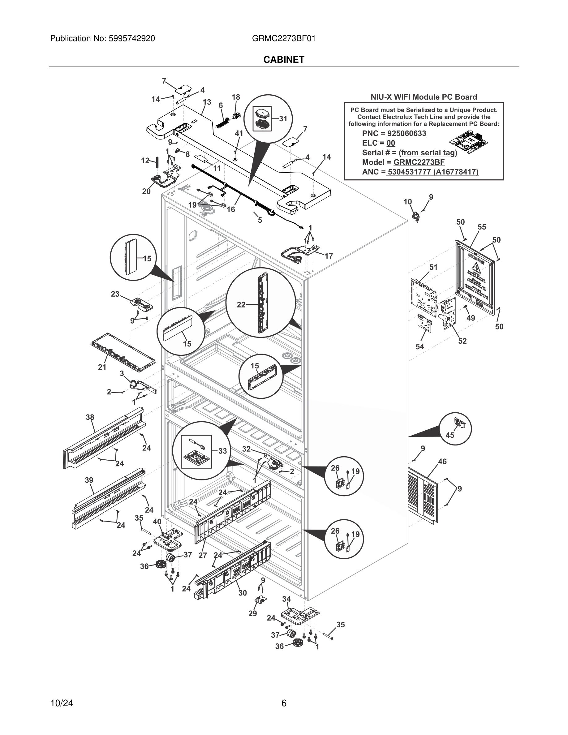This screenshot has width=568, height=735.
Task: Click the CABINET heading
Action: pos(284,60)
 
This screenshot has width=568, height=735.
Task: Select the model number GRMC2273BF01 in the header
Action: pos(284,38)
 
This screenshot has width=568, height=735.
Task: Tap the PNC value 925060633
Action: pos(407,133)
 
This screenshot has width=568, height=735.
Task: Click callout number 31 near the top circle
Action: pos(283,118)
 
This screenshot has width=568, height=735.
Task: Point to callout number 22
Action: pos(241,305)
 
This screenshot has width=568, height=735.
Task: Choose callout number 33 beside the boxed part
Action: pos(222,451)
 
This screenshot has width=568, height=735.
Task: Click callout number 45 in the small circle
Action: pos(450,435)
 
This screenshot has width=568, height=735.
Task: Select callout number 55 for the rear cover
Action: pos(482,227)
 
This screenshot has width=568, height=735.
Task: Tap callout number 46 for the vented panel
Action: pos(442,462)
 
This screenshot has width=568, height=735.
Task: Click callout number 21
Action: pos(102,367)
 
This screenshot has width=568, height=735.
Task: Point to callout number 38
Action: pos(90,417)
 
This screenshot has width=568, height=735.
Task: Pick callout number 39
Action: pos(89,480)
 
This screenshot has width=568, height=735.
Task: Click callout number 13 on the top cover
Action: pos(207,102)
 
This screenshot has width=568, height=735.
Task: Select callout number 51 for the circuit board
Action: pos(433,267)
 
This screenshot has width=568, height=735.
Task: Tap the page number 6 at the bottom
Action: pos(284,703)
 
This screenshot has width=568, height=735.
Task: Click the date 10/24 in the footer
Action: pos(62,703)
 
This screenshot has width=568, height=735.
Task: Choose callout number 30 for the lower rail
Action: pos(243,593)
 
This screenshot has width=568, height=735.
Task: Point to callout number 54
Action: pos(420,347)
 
